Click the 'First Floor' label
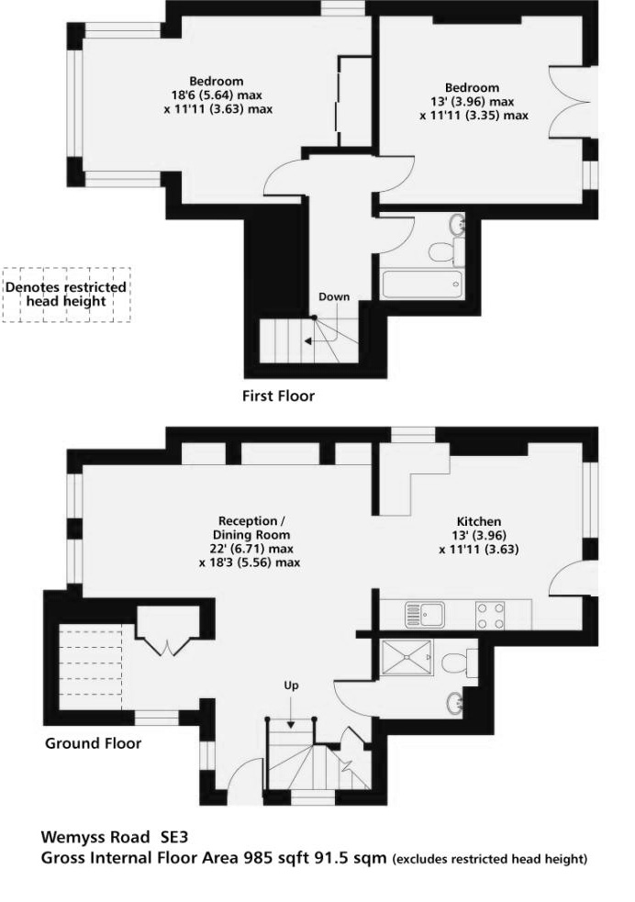(x=278, y=396)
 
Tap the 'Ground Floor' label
(x=93, y=743)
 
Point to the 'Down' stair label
(x=334, y=296)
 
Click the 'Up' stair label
(x=291, y=685)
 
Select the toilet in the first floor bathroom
(x=443, y=250)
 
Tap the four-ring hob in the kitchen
(x=490, y=614)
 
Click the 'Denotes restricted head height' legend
(x=66, y=294)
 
